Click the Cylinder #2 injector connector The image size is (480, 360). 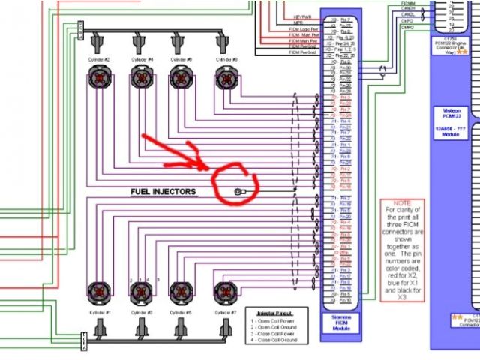[100, 77]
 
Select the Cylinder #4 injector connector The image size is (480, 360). [140, 77]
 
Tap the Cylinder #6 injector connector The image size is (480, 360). [181, 77]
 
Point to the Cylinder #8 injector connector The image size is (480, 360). [223, 77]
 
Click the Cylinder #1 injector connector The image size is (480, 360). [100, 292]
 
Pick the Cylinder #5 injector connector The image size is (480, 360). [181, 292]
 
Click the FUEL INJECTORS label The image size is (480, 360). [163, 192]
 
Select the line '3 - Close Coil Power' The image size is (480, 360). [274, 333]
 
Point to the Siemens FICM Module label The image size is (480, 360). [340, 325]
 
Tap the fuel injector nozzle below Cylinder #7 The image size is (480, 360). [223, 328]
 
